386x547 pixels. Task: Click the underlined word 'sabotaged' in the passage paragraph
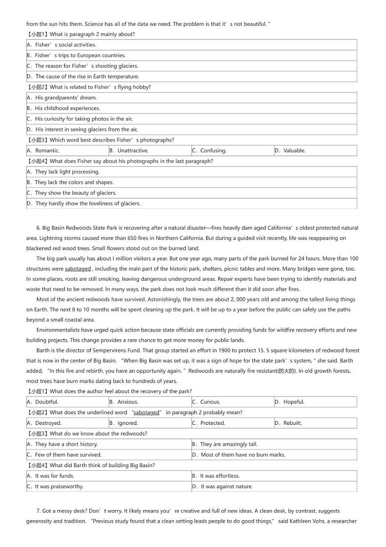[78, 269]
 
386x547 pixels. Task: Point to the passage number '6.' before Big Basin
[38, 228]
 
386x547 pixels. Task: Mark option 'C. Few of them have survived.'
[68, 455]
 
